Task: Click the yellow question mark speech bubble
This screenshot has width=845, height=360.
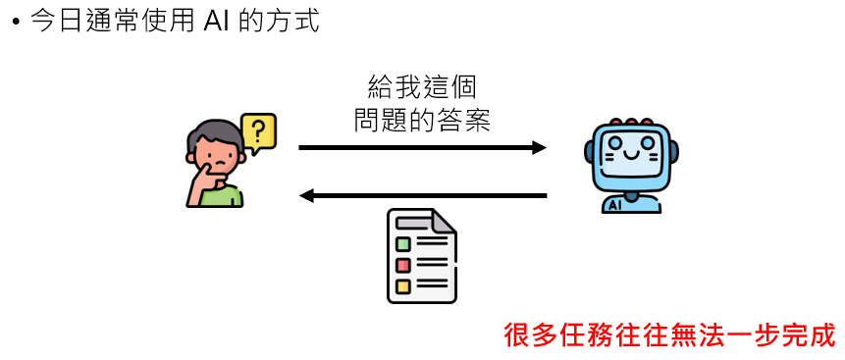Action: pos(258,130)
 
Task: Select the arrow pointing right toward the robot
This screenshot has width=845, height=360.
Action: pos(422,147)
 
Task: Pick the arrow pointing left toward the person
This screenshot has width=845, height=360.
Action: pos(422,196)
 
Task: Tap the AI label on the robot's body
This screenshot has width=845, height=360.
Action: pos(615,205)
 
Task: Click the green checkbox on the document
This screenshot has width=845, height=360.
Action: pos(402,244)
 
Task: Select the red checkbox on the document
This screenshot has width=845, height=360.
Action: pos(402,265)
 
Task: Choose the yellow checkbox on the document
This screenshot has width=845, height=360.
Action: pos(402,286)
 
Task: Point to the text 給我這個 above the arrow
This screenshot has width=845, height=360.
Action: pos(422,87)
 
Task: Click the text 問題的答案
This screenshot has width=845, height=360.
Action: pos(422,121)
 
